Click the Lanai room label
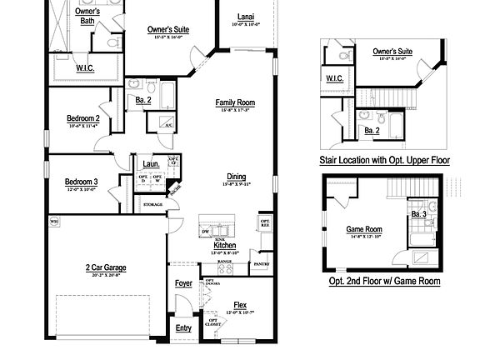click(245, 17)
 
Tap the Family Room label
click(234, 102)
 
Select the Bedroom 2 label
click(83, 118)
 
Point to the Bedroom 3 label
click(82, 182)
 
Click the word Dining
click(236, 176)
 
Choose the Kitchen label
click(224, 245)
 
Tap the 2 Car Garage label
click(106, 267)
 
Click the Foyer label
click(183, 283)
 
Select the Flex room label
click(240, 305)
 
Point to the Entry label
click(183, 327)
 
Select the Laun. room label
click(150, 163)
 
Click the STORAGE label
click(152, 204)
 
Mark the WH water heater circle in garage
click(53, 222)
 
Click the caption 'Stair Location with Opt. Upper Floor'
click(384, 158)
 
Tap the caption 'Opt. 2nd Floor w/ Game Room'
click(384, 282)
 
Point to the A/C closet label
click(167, 125)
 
